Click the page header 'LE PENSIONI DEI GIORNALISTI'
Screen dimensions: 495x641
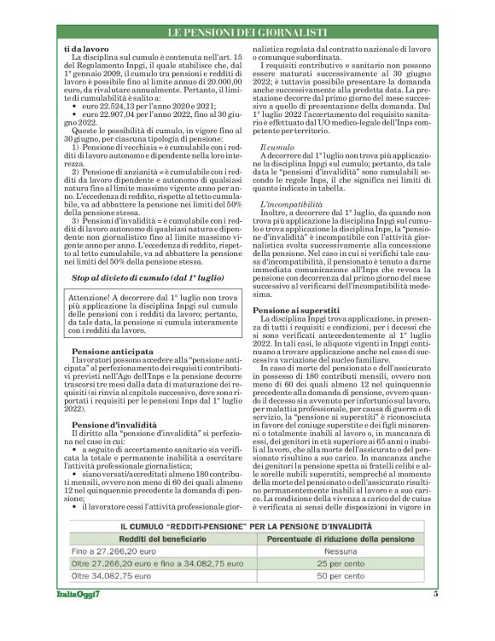247,32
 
